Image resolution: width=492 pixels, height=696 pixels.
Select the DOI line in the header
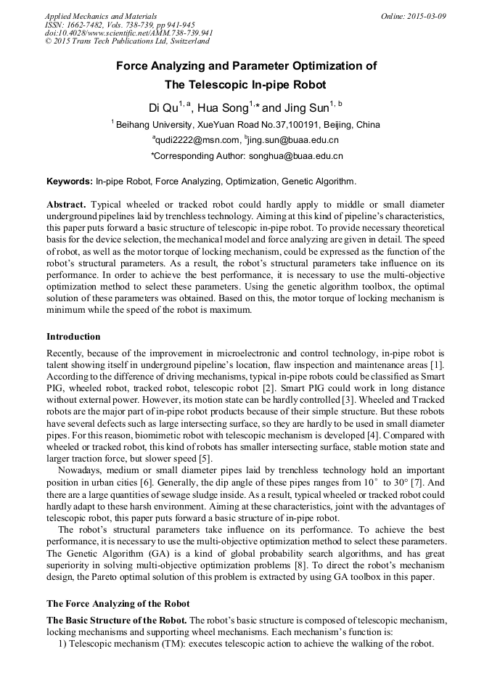[129, 33]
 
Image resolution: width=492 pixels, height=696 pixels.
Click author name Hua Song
[223, 108]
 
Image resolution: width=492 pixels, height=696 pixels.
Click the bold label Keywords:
[70, 181]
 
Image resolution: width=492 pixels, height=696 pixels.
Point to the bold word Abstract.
[67, 205]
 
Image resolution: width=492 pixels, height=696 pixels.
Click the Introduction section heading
[73, 337]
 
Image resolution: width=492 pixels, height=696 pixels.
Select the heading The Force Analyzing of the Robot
[118, 604]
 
